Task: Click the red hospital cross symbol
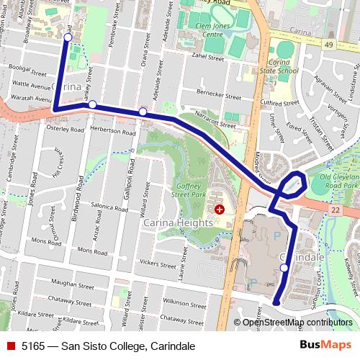click(x=219, y=209)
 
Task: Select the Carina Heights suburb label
click(x=179, y=223)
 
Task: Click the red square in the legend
click(x=11, y=346)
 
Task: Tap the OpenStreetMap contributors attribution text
click(x=297, y=322)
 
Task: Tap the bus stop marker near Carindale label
click(x=284, y=268)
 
